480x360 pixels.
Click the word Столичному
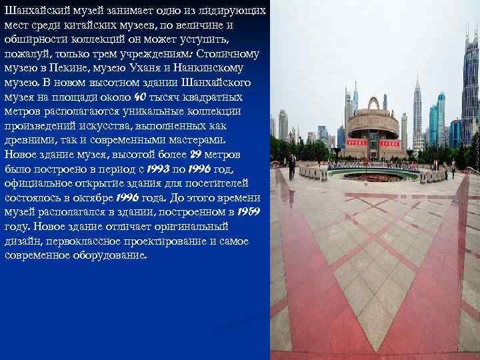coord(225,54)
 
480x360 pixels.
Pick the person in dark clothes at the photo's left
coord(291,166)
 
